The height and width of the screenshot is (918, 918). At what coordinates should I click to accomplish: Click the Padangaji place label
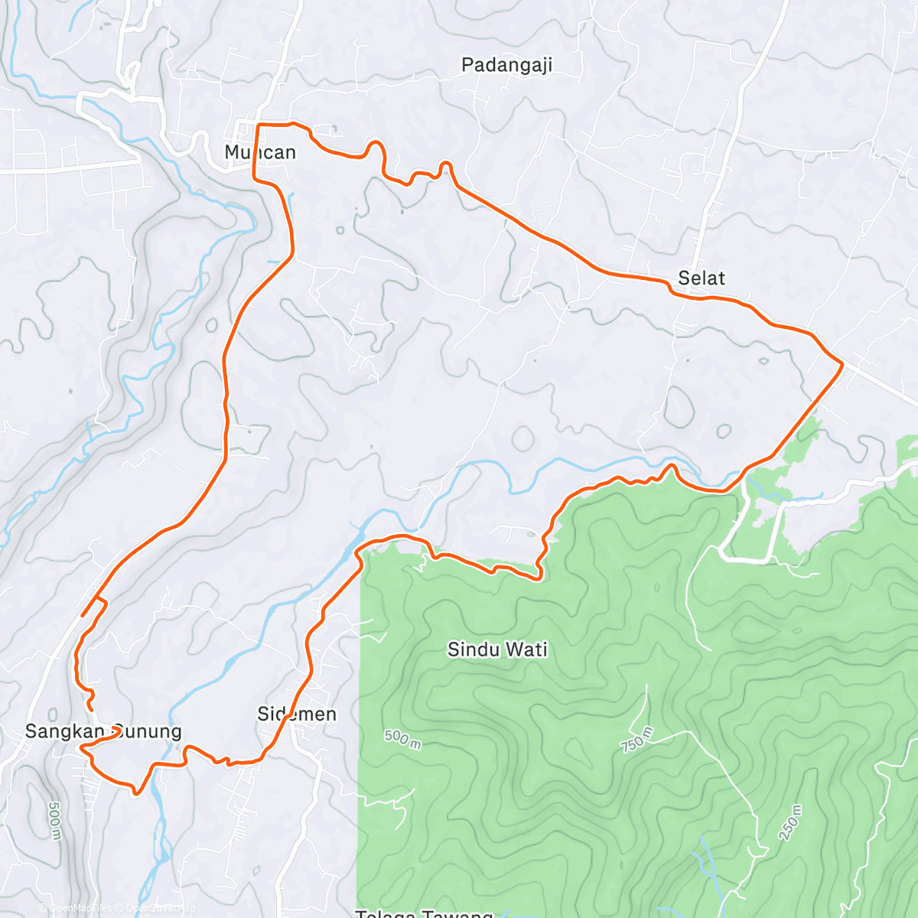[506, 65]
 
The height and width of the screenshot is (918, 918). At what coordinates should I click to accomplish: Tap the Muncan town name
[260, 152]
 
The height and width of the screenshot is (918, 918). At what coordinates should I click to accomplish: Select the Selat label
[701, 278]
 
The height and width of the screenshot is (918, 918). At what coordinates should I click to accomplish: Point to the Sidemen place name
[297, 714]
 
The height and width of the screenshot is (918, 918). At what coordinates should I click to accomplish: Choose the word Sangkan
[63, 731]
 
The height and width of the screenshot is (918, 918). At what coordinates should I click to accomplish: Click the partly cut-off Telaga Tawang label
[425, 913]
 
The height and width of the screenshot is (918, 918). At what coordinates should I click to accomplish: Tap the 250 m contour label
[791, 822]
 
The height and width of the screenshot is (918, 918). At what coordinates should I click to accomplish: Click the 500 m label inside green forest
[402, 739]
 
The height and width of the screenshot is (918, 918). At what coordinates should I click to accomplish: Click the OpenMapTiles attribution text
[76, 908]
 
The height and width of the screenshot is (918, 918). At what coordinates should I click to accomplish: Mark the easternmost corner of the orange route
[842, 365]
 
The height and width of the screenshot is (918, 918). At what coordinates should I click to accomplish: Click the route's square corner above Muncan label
[258, 125]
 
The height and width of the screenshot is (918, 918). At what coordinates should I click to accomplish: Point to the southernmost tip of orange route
[135, 793]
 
